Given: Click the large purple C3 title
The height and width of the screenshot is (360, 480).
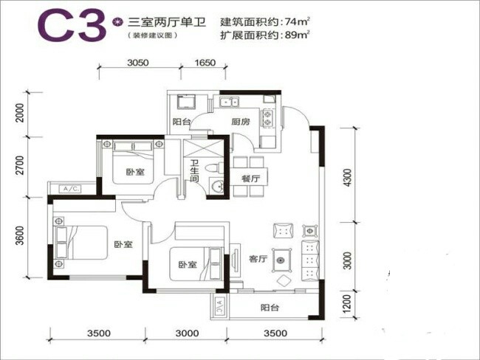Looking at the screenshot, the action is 72,25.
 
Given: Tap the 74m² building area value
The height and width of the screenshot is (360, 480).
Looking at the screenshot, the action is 297,21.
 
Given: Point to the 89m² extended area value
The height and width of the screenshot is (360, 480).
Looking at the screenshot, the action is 297,35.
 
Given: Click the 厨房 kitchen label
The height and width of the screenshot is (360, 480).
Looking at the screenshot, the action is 240,122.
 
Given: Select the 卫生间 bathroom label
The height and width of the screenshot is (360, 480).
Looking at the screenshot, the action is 194,170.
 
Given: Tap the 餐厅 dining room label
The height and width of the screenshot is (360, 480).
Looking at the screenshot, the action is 250,179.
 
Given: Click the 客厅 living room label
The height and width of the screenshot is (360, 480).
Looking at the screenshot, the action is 258,259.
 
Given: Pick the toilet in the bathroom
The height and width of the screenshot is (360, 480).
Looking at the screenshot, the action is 214,167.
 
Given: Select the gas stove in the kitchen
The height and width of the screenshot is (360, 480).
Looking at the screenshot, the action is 267,118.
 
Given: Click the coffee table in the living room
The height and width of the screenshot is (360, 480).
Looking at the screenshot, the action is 281,260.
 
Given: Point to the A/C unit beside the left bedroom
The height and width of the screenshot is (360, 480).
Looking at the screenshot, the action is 71,189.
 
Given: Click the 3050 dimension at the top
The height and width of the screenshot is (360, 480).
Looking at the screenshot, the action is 138,63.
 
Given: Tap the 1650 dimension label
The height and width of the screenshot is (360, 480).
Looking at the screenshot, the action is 205,63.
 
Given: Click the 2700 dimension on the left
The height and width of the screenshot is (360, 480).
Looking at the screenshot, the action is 20,165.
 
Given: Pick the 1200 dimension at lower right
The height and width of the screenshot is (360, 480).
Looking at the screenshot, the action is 346,304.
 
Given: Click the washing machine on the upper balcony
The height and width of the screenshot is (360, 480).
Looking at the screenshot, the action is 186,102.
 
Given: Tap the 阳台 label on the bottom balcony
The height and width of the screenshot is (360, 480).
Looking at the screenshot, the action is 270,308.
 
